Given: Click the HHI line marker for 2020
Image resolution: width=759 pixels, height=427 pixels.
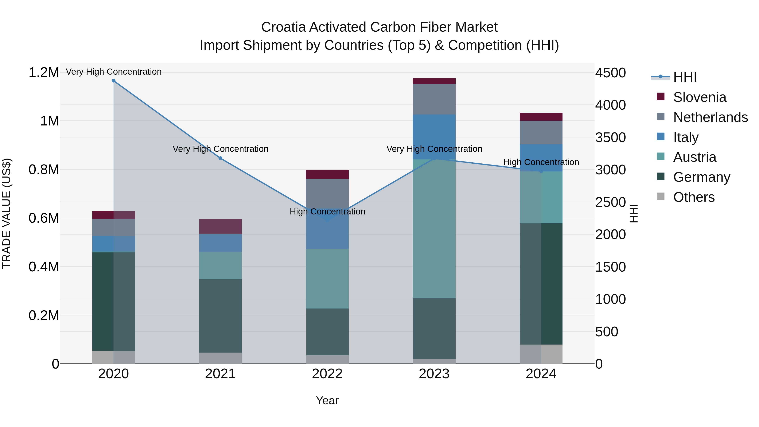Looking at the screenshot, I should [x=113, y=81].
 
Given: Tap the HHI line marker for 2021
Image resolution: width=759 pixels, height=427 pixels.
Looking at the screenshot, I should [x=220, y=158].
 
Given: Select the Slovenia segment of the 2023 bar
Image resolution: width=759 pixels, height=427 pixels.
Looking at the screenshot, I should [x=434, y=81].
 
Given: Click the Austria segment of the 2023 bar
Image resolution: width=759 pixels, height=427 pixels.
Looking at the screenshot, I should [x=434, y=228].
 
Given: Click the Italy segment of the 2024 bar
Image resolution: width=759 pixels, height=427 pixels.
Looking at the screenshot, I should [x=541, y=158].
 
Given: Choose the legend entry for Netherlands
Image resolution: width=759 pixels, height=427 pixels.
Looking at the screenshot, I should [x=710, y=117].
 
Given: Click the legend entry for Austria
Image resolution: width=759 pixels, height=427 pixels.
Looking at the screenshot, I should [x=694, y=157].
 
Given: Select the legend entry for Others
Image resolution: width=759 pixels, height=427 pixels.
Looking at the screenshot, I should [x=694, y=197].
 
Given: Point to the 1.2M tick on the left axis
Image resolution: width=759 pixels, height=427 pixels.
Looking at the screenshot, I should [x=44, y=73].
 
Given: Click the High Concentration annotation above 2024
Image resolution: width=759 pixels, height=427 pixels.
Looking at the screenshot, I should [x=541, y=162].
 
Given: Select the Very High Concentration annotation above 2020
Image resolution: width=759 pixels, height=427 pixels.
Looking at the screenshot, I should [x=113, y=72].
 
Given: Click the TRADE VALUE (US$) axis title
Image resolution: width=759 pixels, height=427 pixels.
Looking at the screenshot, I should [x=7, y=213].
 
